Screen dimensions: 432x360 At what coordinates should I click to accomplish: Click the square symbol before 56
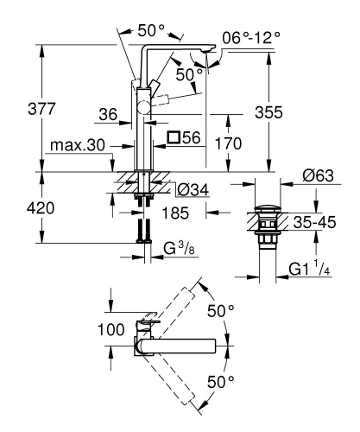[x=174, y=137]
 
